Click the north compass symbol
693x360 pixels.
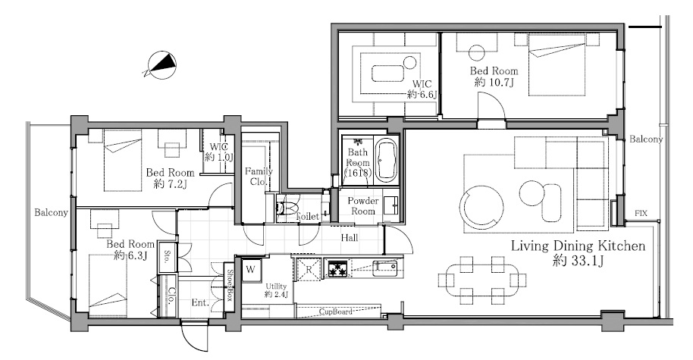pos(160,65)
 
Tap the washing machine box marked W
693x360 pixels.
pos(251,269)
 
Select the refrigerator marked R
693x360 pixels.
pos(309,269)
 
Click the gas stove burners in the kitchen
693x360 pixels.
pos(337,268)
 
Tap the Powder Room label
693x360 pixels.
pos(363,206)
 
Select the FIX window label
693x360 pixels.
pos(641,214)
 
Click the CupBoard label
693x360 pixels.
pos(336,311)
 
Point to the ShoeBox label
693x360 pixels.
pos(230,285)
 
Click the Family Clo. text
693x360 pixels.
pos(259,177)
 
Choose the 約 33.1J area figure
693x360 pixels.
pos(579,261)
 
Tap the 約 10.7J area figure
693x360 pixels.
pos(494,82)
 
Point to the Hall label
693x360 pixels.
pos(350,238)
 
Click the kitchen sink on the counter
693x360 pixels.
pos(384,268)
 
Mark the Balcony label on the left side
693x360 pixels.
pos(52,213)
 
